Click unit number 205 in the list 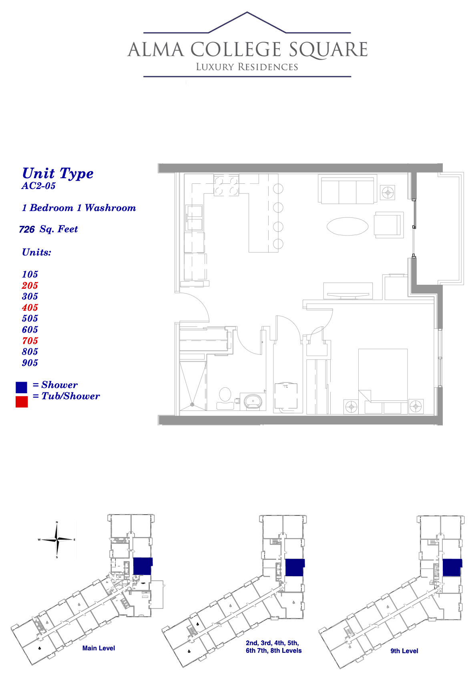(x=30, y=285)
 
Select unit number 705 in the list (x=30, y=341)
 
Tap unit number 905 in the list (x=30, y=362)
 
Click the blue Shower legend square (x=21, y=387)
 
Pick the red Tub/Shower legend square (x=22, y=402)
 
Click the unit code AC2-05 (x=38, y=186)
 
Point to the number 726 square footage (x=27, y=229)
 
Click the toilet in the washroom (x=225, y=398)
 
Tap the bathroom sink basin (x=253, y=402)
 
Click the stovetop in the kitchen (x=226, y=186)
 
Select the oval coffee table (x=347, y=226)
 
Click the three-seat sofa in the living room (x=347, y=190)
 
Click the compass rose (x=57, y=539)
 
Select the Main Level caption (x=98, y=648)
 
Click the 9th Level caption (x=404, y=651)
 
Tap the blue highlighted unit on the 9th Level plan (x=452, y=567)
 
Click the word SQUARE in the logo (x=328, y=50)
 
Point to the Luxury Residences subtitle (x=247, y=67)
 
